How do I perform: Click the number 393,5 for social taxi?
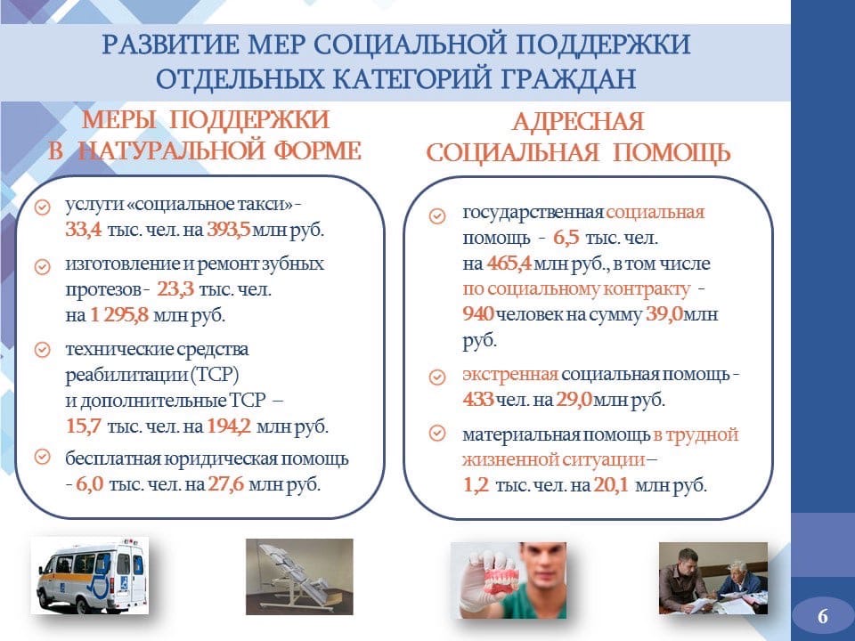tap(229, 230)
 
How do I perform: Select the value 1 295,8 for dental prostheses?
tap(118, 315)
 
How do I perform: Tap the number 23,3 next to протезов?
tap(175, 288)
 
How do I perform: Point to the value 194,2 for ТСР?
tap(229, 426)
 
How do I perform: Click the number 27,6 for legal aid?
tap(226, 484)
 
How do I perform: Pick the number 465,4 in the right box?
tap(509, 264)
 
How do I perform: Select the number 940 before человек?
tap(478, 314)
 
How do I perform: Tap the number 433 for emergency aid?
tap(478, 400)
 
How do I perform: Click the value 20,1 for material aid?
tap(611, 484)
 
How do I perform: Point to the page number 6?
tap(823, 616)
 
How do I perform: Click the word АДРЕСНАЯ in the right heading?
tap(578, 122)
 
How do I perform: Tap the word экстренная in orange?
tap(510, 375)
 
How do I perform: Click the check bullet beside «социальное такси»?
tap(43, 207)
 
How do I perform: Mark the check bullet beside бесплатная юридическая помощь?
tap(43, 456)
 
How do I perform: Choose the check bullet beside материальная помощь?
tap(437, 434)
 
